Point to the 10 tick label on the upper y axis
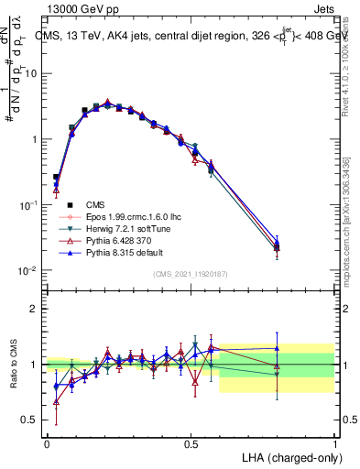(x=34, y=73)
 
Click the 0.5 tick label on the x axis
(x=191, y=445)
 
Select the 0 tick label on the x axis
(x=47, y=445)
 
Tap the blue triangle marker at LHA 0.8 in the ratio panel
(x=277, y=347)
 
